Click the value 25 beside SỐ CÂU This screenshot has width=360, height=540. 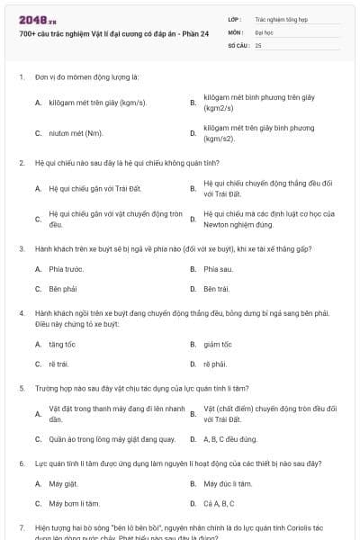pyautogui.click(x=258, y=44)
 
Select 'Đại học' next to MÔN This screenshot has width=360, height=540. pyautogui.click(x=265, y=31)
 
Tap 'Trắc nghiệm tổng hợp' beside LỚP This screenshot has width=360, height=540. pyautogui.click(x=281, y=18)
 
